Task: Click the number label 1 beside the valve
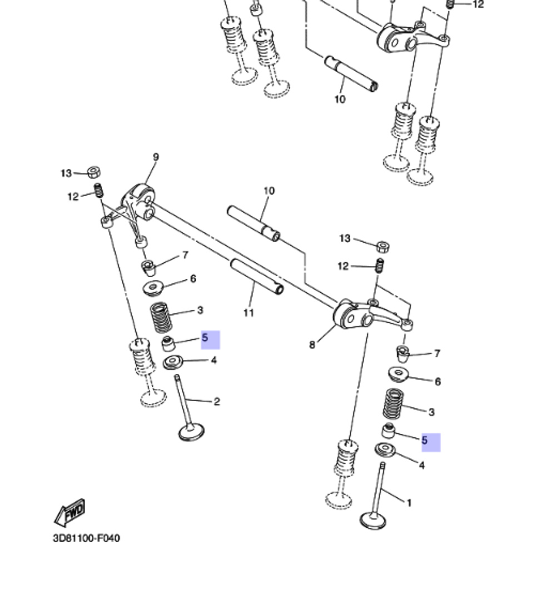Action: point(409,503)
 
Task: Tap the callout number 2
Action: point(217,402)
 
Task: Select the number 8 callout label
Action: point(312,345)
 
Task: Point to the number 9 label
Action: point(156,158)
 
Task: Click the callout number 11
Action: point(249,313)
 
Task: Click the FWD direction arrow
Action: point(70,512)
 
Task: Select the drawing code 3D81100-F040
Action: point(86,538)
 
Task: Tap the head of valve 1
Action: point(374,520)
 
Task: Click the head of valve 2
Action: point(191,432)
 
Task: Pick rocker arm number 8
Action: point(356,315)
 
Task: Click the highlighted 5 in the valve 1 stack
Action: point(430,442)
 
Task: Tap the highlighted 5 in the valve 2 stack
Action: point(210,339)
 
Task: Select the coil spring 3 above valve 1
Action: point(394,404)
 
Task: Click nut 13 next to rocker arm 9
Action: point(94,172)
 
